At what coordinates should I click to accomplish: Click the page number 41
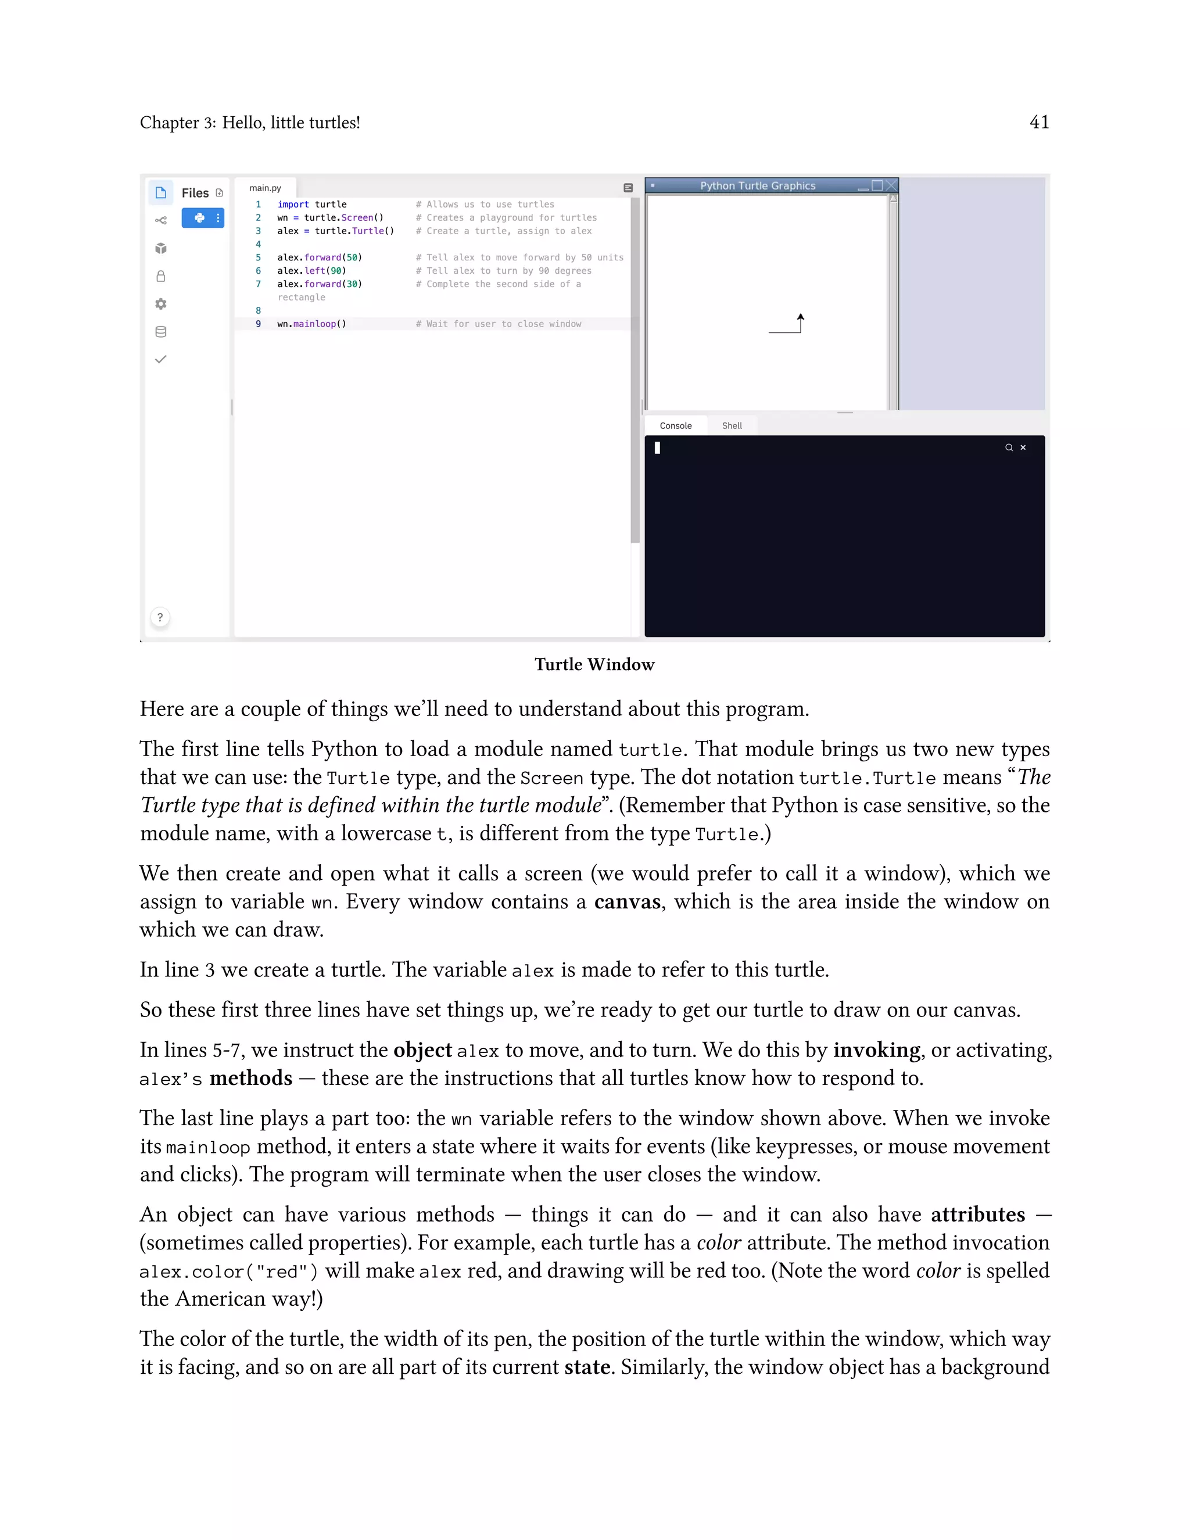[x=1039, y=123]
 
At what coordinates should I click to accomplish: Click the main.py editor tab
[x=265, y=188]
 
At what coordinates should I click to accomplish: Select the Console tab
[x=675, y=426]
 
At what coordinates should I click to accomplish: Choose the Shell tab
[x=732, y=426]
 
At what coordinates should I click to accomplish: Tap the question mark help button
[x=160, y=618]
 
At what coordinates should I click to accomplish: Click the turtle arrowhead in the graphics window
[x=801, y=317]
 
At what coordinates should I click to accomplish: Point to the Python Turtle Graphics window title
[x=757, y=186]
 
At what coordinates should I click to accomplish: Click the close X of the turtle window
[x=892, y=185]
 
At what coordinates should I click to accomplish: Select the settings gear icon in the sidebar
[x=161, y=304]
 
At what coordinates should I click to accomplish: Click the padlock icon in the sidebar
[x=161, y=277]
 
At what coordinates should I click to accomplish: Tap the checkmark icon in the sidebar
[x=161, y=360]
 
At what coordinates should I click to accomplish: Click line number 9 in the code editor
[x=258, y=324]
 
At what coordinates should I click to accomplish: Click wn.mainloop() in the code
[x=311, y=324]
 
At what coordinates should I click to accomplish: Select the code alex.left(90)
[x=311, y=271]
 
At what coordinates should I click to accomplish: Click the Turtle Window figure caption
[x=594, y=665]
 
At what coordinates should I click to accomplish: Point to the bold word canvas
[x=627, y=902]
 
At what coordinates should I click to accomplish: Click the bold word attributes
[x=978, y=1215]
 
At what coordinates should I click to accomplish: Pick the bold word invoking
[x=876, y=1051]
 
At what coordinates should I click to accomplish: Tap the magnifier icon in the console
[x=1009, y=447]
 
